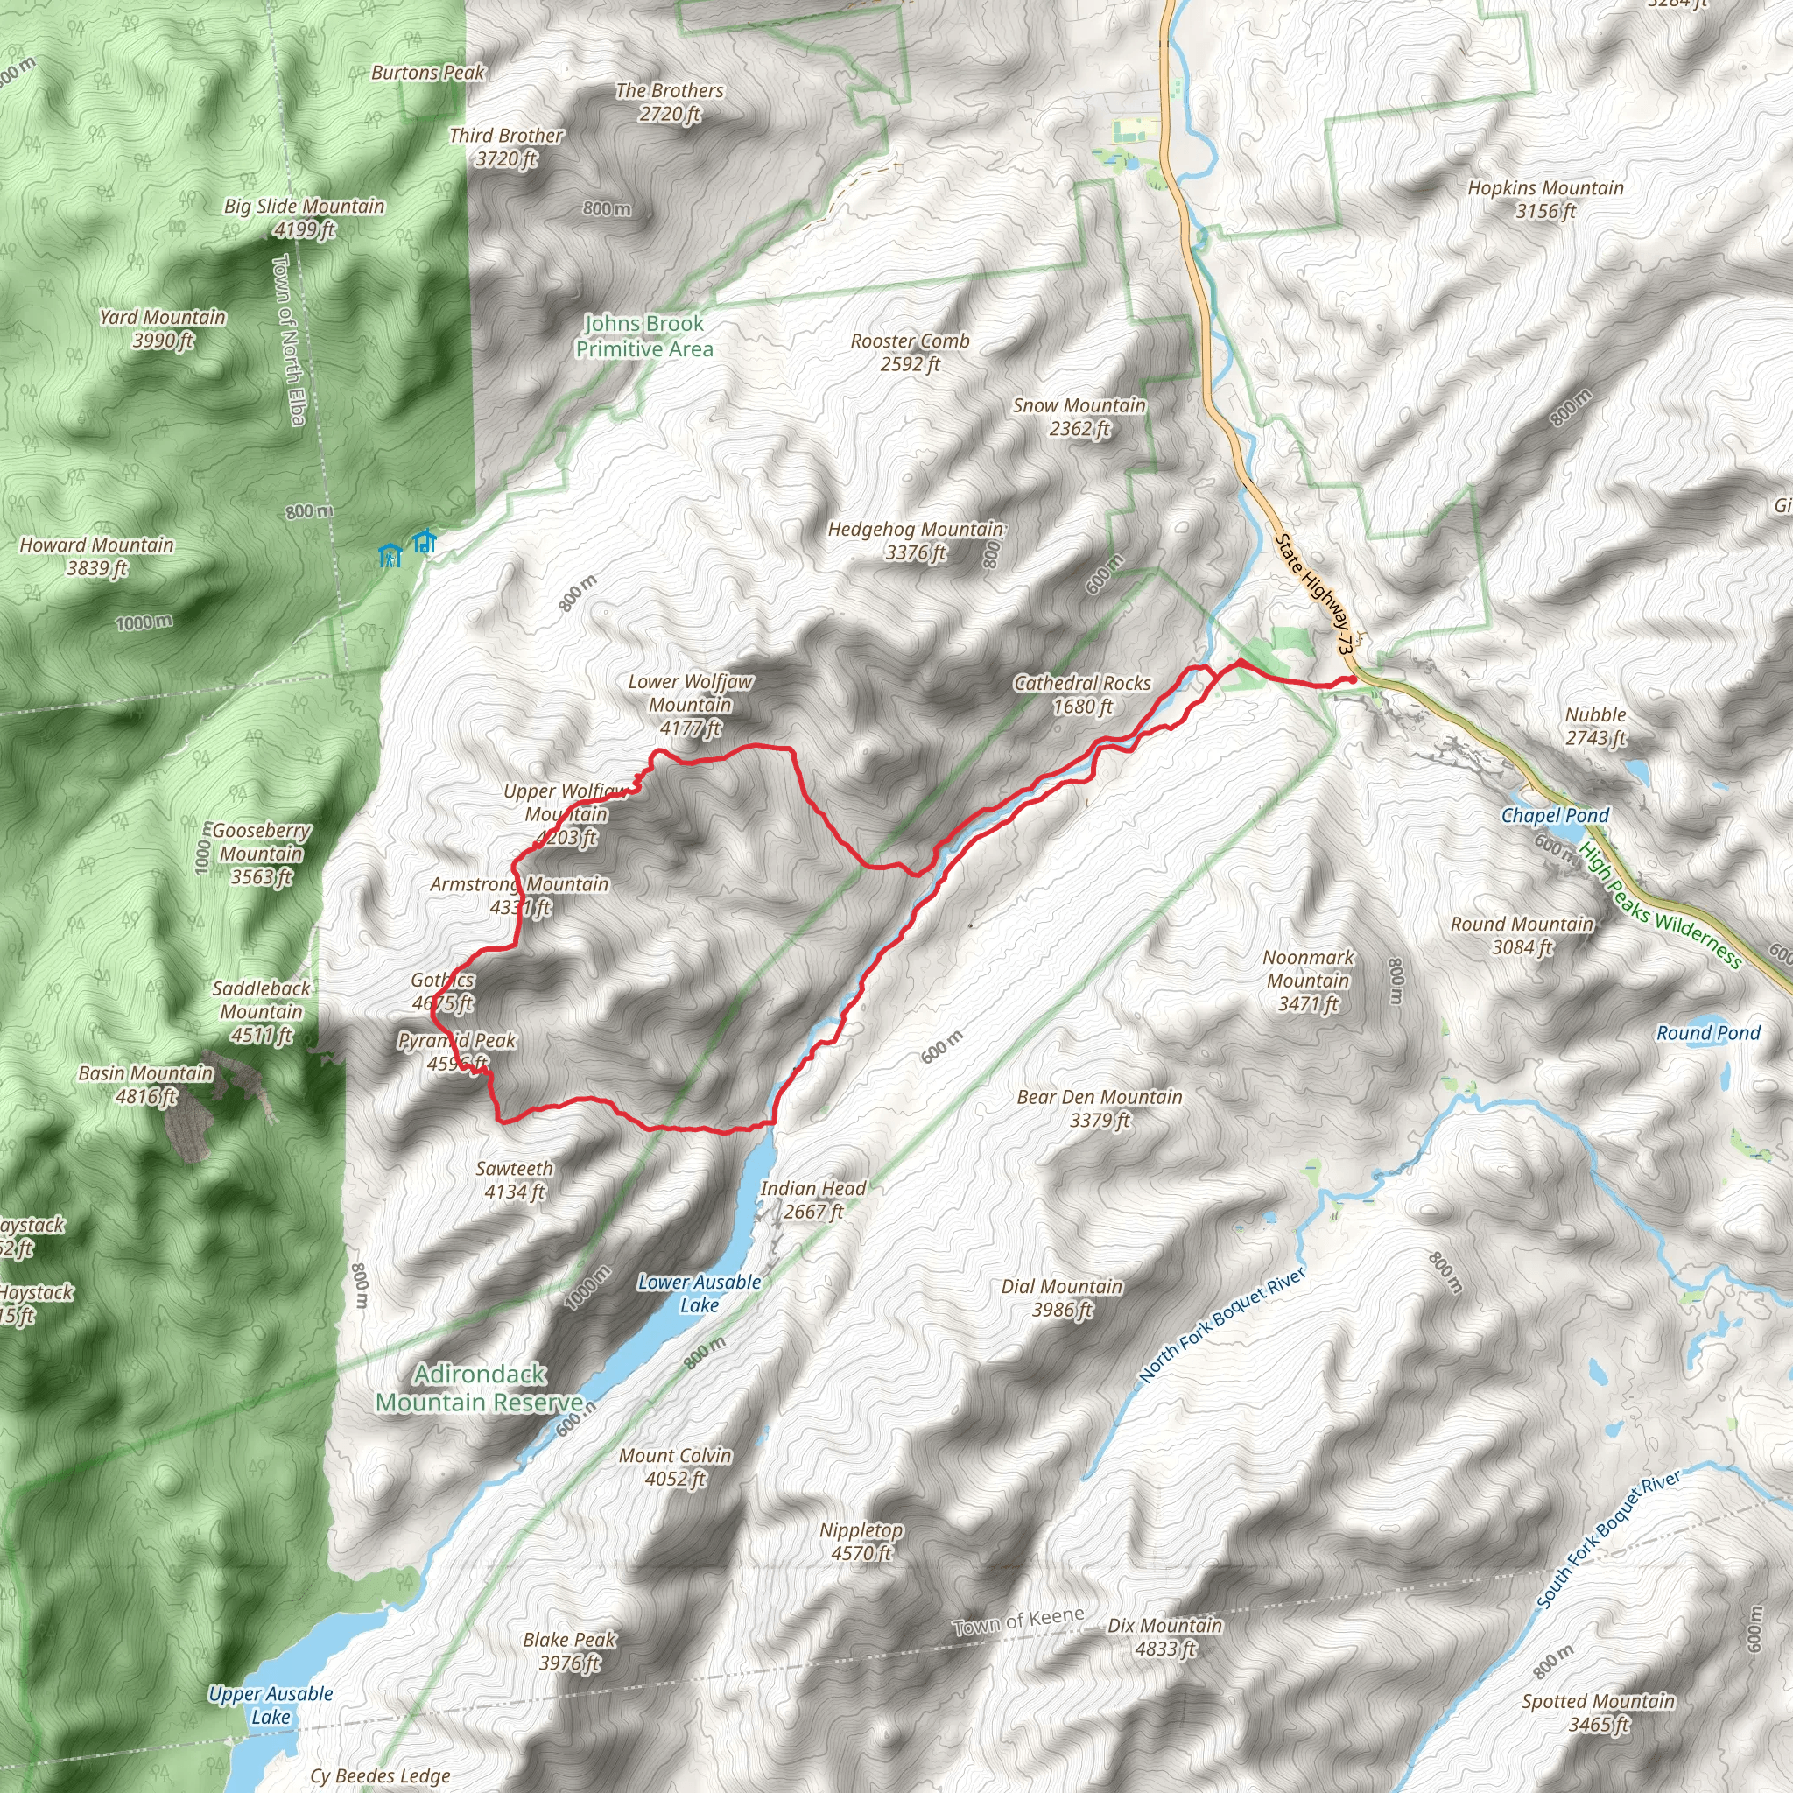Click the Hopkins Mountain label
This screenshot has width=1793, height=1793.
[1545, 200]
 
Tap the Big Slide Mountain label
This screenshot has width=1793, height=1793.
[304, 217]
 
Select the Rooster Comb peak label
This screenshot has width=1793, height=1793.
[910, 353]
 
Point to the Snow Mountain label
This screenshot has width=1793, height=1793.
[1079, 417]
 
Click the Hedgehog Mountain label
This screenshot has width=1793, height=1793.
[915, 541]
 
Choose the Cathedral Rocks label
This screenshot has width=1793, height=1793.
[1082, 694]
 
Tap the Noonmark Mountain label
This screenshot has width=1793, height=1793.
[1308, 980]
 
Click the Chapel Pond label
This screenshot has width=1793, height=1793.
[1556, 816]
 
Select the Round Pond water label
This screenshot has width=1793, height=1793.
[1707, 1034]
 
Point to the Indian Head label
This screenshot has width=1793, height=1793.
[813, 1200]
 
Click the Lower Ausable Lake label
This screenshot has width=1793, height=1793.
[699, 1294]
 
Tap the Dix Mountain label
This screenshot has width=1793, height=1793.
[1164, 1637]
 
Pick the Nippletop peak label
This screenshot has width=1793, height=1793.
[861, 1542]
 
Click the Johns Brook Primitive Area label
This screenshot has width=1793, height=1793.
[644, 336]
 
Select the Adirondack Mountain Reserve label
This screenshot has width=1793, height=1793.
[480, 1388]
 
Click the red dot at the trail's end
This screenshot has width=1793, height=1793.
[1354, 680]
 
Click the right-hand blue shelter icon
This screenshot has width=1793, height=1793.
[424, 541]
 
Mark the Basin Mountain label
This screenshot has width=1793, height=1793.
[145, 1085]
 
